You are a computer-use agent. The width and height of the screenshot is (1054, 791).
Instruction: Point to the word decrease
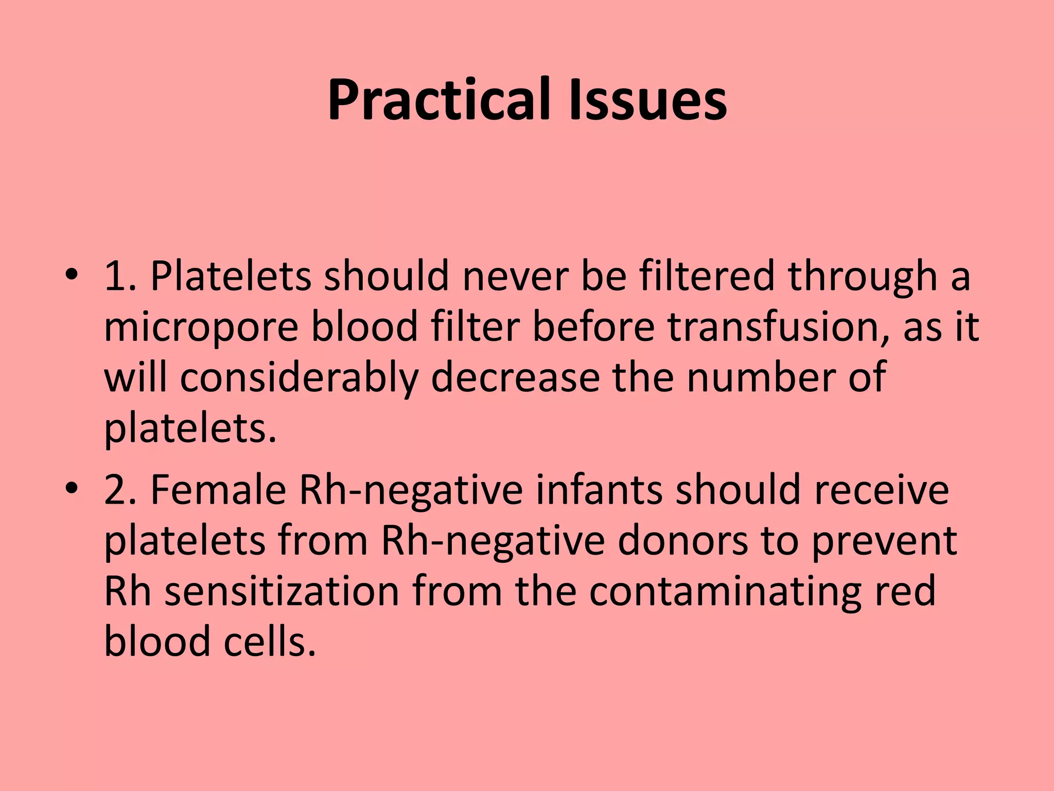tap(515, 377)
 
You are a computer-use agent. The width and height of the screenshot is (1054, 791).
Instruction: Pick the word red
tap(906, 591)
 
